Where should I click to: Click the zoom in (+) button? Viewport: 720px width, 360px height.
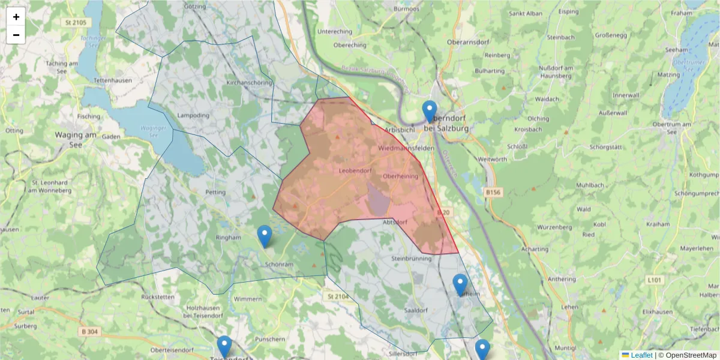(16, 17)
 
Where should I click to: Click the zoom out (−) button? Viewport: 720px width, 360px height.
(16, 35)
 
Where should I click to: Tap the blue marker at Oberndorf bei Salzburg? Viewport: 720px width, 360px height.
(430, 112)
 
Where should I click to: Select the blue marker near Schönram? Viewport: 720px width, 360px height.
(264, 236)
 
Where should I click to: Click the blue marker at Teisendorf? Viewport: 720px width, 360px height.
(224, 347)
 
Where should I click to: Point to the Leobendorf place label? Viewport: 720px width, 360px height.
(355, 171)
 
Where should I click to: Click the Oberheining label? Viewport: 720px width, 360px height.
(400, 176)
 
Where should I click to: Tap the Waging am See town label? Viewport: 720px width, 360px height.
(76, 140)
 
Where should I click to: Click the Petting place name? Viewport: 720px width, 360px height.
(215, 193)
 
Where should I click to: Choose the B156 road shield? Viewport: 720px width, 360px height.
(492, 192)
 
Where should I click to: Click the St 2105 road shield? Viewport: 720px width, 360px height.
(73, 22)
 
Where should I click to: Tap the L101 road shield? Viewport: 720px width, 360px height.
(653, 280)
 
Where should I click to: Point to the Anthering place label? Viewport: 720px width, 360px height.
(562, 278)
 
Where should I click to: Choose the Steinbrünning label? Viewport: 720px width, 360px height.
(411, 258)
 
